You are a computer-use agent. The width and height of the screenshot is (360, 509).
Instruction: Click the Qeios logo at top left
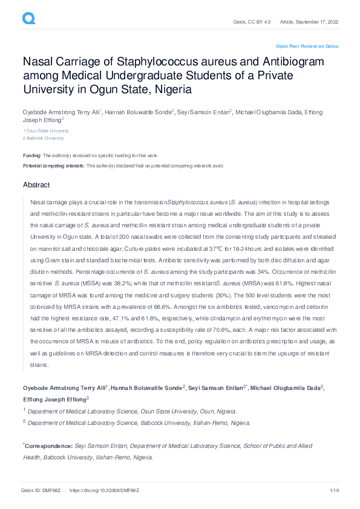point(29,19)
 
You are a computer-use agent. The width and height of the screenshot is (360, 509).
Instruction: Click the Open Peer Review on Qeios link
point(307,46)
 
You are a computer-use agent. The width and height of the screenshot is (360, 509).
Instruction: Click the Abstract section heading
point(36,184)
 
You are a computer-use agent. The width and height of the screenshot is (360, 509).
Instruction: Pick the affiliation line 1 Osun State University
point(46,131)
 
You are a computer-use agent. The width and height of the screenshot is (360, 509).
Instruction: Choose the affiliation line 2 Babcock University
point(45,138)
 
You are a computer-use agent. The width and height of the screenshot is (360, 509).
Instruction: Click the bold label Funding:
point(32,155)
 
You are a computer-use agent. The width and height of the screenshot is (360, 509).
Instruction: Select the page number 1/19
point(333,490)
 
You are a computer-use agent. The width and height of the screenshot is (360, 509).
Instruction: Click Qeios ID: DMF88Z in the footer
point(41,490)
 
